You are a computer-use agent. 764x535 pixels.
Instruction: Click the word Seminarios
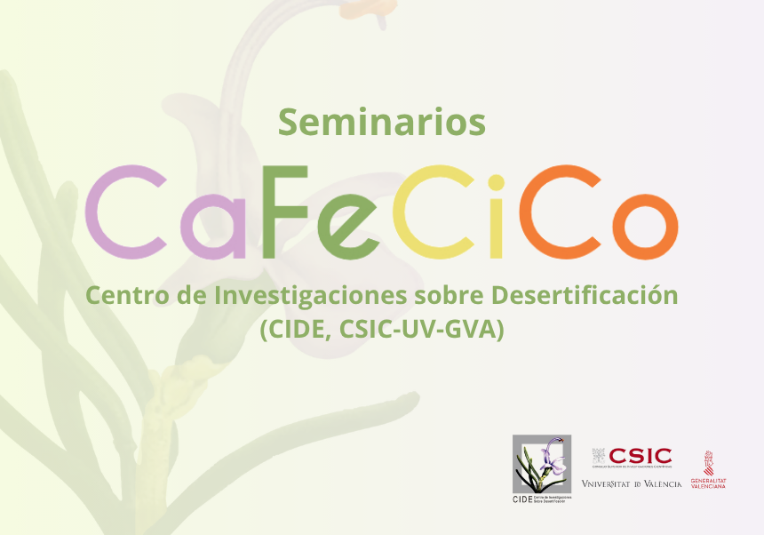(382, 121)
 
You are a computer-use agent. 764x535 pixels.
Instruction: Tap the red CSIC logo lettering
(640, 456)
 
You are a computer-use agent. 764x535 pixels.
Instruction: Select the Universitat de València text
(631, 483)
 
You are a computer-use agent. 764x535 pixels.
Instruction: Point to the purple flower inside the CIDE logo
(555, 453)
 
